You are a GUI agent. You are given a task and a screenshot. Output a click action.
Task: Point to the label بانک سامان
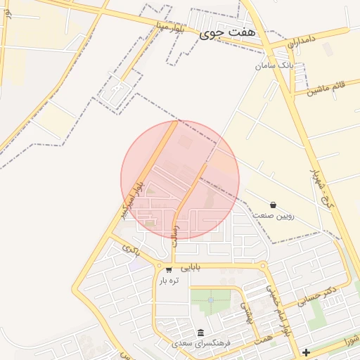274,65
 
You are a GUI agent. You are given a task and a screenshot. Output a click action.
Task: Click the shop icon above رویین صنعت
273,205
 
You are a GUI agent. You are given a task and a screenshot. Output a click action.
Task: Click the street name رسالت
175,235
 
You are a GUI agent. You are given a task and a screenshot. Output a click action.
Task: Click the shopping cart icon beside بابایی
169,269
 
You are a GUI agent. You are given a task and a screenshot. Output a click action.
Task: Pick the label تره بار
169,280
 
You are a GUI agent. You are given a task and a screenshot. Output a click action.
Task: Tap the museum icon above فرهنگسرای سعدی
201,333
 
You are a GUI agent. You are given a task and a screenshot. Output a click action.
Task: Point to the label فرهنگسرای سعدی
202,344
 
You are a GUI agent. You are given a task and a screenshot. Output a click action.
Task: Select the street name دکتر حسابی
317,295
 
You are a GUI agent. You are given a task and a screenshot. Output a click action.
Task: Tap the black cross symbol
306,352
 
